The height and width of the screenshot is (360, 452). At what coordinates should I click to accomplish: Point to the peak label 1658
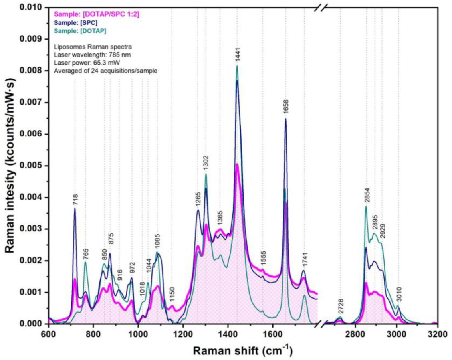point(286,110)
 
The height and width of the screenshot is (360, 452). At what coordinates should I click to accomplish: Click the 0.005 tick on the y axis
point(33,166)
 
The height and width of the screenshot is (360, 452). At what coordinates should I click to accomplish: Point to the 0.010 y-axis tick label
point(33,8)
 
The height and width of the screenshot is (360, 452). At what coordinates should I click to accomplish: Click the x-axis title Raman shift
point(243,351)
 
